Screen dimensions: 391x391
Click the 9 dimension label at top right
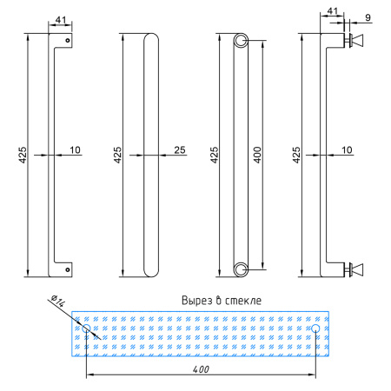(x=368, y=17)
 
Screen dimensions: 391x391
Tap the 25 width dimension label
(x=180, y=149)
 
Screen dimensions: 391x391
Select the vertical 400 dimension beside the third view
(x=257, y=155)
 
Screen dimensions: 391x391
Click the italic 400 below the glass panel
(x=201, y=369)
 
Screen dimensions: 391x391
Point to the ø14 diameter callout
(x=58, y=302)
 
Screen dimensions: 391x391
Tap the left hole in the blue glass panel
(x=86, y=328)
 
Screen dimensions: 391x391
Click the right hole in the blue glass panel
(x=315, y=328)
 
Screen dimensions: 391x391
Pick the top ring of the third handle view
(x=241, y=41)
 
